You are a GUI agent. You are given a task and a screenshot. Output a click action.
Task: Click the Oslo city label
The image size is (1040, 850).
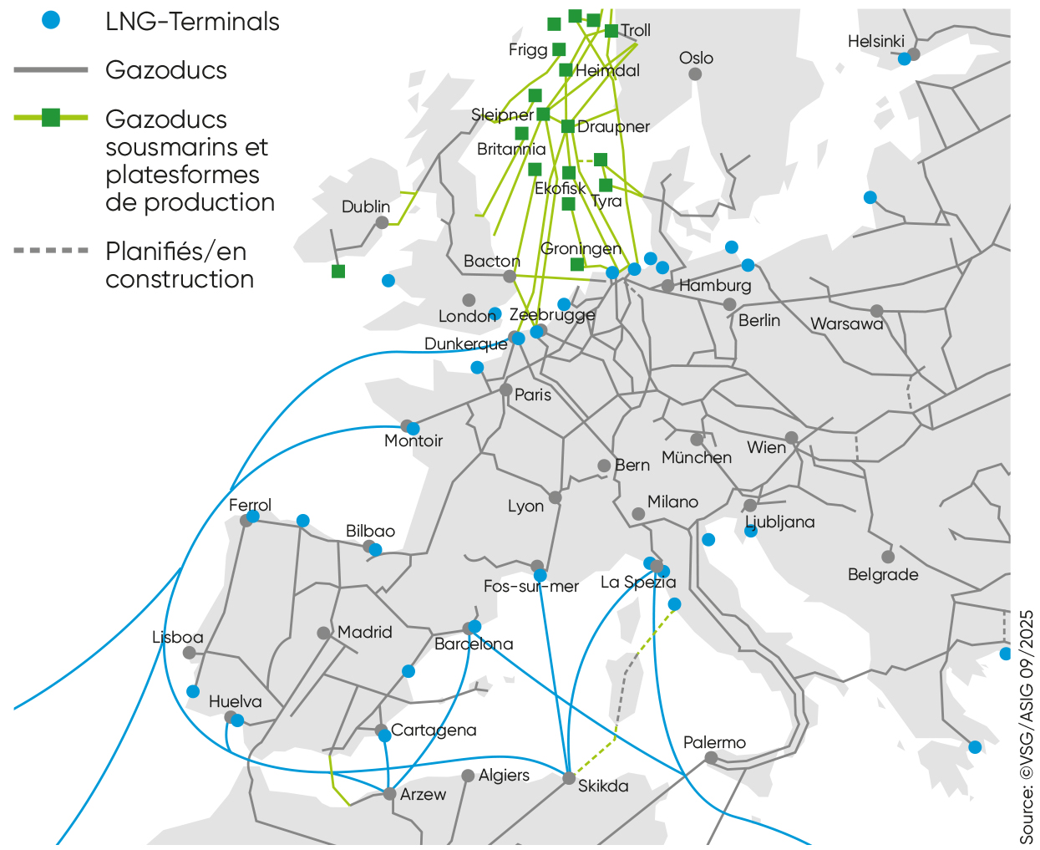tap(696, 58)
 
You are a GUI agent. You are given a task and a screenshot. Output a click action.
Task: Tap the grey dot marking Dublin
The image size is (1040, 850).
tap(382, 222)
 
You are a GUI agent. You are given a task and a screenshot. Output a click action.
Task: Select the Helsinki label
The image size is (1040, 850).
tap(875, 41)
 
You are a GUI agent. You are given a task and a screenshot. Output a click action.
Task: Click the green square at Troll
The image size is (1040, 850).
tap(611, 31)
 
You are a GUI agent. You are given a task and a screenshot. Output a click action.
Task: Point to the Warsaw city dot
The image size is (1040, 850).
tap(876, 311)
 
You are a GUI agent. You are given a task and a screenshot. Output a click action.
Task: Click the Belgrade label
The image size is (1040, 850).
tap(882, 574)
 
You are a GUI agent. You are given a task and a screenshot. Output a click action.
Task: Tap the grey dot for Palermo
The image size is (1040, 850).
tap(711, 758)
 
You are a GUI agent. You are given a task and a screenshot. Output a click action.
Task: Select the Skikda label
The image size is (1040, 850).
tap(603, 786)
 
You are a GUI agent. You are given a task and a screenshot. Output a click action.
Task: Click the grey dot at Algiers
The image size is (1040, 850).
tap(468, 776)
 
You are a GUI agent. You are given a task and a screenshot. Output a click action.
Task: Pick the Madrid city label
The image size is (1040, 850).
tap(365, 632)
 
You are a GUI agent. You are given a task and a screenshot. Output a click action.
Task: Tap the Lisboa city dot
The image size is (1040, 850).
tap(190, 653)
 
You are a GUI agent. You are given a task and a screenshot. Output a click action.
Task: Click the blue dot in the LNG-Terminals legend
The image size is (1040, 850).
tap(52, 21)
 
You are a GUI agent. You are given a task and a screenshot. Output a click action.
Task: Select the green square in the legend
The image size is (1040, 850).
tap(51, 118)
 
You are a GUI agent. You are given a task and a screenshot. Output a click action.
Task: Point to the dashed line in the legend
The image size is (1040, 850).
tap(51, 250)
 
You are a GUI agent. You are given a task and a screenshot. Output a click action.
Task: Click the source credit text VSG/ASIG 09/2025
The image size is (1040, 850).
tap(1026, 727)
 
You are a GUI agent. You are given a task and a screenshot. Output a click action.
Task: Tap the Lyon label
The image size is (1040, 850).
tap(525, 506)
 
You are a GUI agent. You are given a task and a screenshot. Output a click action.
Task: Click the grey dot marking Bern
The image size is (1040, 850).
tap(604, 466)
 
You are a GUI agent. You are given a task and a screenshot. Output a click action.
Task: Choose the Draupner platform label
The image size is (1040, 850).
tap(613, 126)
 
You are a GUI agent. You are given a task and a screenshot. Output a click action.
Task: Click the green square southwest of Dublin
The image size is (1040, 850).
tap(338, 271)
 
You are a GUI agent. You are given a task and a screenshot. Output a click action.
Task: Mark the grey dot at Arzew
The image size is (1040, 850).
tap(389, 793)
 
